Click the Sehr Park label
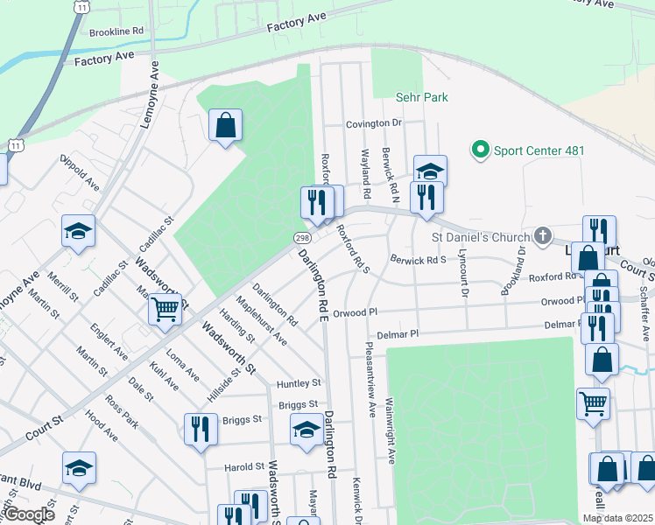coord(422,98)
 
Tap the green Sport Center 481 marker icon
coord(480,150)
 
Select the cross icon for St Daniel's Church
coord(543,236)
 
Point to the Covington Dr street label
coord(373,124)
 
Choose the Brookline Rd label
coord(116,31)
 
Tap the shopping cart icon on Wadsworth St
coord(165,309)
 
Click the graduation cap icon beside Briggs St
coord(306,430)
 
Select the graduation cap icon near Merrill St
coord(79,232)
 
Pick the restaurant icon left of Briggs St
coord(201,429)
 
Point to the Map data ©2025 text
coord(617,518)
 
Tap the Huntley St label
coord(299,383)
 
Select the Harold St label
coord(244,467)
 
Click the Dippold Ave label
coord(81,172)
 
